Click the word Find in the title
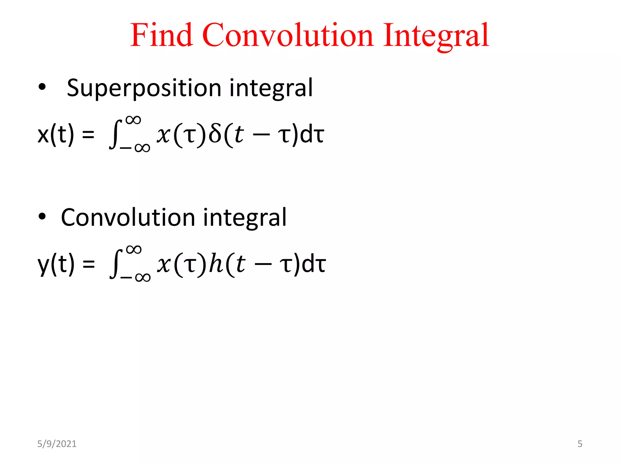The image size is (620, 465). tap(161, 35)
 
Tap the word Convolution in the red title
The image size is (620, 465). tap(287, 35)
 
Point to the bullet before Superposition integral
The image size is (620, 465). tap(42, 87)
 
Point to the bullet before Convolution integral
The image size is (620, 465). tap(42, 216)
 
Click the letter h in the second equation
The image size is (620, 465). tap(216, 264)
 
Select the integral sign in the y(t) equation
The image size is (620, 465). tap(116, 264)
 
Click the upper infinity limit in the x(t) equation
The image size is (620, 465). tap(134, 120)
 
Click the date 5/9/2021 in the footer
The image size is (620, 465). tap(57, 444)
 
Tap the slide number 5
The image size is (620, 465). tap(580, 444)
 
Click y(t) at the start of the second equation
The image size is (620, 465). tap(56, 264)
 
